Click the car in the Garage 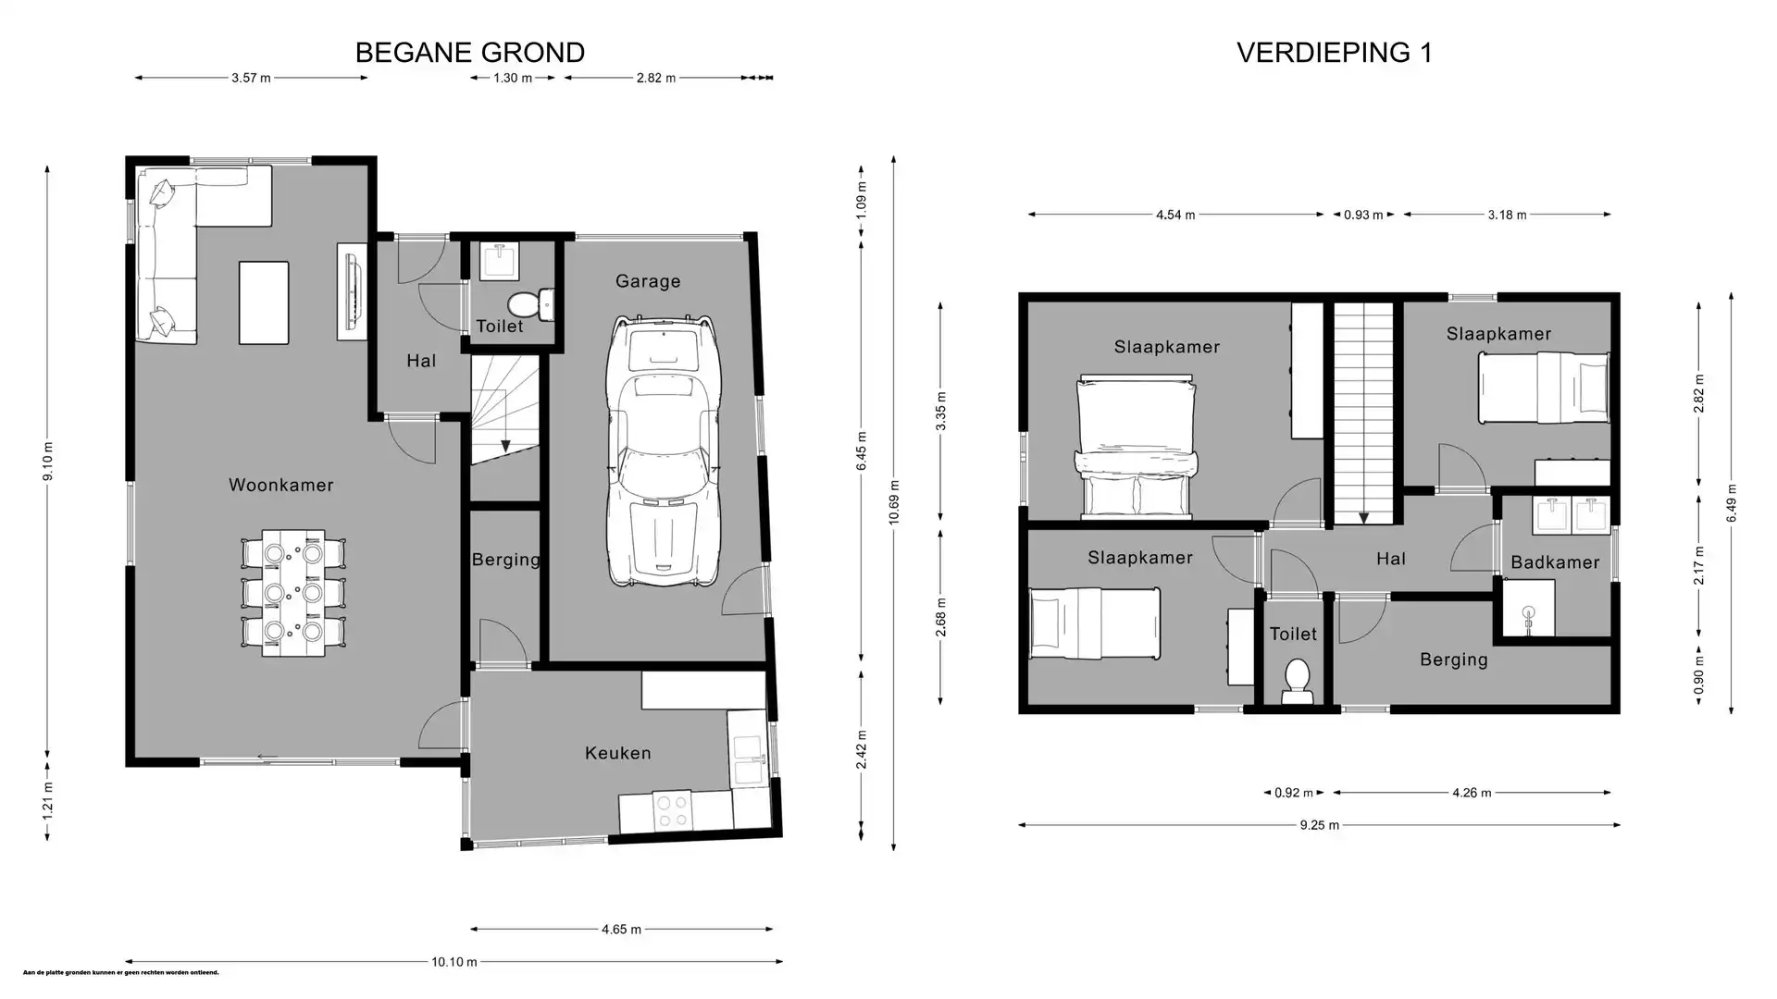pyautogui.click(x=664, y=450)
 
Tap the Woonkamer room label pyautogui.click(x=280, y=485)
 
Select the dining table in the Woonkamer pyautogui.click(x=293, y=593)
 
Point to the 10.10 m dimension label pyautogui.click(x=454, y=962)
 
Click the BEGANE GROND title pyautogui.click(x=469, y=53)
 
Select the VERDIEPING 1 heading pyautogui.click(x=1334, y=53)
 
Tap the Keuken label pyautogui.click(x=617, y=753)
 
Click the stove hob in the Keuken pyautogui.click(x=671, y=811)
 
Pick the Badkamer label pyautogui.click(x=1554, y=562)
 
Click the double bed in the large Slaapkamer pyautogui.click(x=1136, y=446)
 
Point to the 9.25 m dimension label pyautogui.click(x=1319, y=825)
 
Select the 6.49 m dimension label pyautogui.click(x=1731, y=503)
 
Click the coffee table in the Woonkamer pyautogui.click(x=264, y=302)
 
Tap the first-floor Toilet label pyautogui.click(x=1292, y=634)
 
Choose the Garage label pyautogui.click(x=647, y=281)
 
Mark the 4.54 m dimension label pyautogui.click(x=1175, y=215)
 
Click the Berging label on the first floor pyautogui.click(x=1453, y=660)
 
